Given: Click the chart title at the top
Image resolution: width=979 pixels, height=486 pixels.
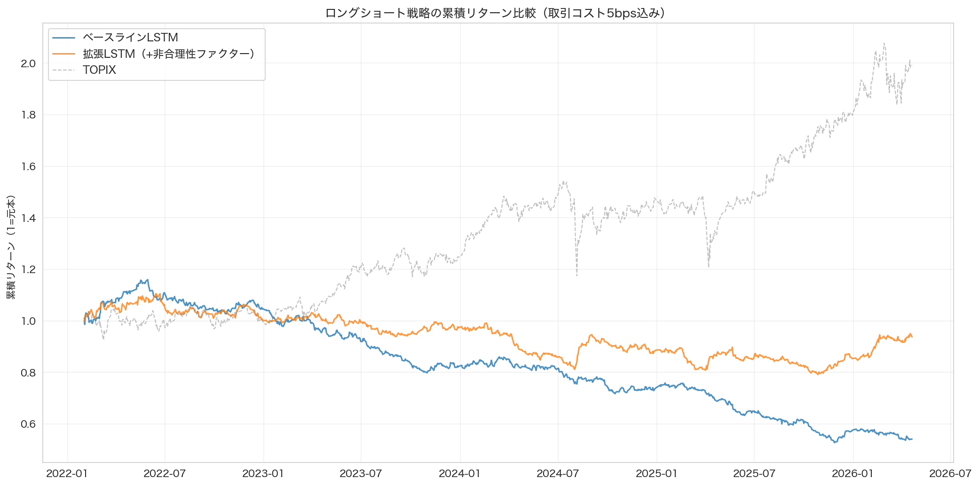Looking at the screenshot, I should coord(495,13).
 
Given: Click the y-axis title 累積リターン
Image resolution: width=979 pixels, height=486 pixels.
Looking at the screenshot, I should coord(11,247).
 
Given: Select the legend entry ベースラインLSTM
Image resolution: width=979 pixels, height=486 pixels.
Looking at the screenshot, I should coord(130,38).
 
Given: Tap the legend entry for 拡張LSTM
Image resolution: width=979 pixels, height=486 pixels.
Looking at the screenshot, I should coord(168,54).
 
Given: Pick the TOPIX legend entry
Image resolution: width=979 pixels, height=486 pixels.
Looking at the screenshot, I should coord(99,70).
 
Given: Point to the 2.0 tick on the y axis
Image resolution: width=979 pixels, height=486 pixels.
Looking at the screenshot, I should coord(28,63).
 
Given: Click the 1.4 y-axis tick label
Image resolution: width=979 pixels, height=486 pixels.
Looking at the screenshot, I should coord(28,218).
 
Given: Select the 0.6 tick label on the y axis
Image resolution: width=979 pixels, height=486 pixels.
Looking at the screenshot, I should coord(28,424).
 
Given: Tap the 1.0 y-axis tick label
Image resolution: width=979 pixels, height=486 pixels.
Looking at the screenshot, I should coord(28,321).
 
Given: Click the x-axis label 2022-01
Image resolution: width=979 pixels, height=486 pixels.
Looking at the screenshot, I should coord(67,473).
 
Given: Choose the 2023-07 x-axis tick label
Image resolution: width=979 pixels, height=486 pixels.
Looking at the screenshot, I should coord(361,473).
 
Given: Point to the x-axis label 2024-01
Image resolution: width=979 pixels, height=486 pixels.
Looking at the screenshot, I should coord(459,473).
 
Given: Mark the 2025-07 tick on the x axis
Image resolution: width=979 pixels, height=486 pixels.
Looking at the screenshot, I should coord(754,473).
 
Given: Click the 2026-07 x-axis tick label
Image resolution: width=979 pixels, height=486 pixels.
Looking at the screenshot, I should coord(950,473).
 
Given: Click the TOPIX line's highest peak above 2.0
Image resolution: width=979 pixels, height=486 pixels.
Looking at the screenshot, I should coord(884,44).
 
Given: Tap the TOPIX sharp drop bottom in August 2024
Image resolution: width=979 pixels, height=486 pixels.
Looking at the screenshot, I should coord(577,275).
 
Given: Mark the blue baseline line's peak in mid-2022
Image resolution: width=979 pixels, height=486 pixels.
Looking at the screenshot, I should coord(148,280).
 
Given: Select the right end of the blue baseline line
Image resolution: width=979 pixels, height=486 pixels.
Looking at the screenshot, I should coord(912,439).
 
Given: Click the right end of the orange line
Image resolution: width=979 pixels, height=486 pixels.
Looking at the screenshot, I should coord(912,337).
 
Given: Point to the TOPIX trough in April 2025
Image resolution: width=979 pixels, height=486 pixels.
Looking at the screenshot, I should coord(709,267).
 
